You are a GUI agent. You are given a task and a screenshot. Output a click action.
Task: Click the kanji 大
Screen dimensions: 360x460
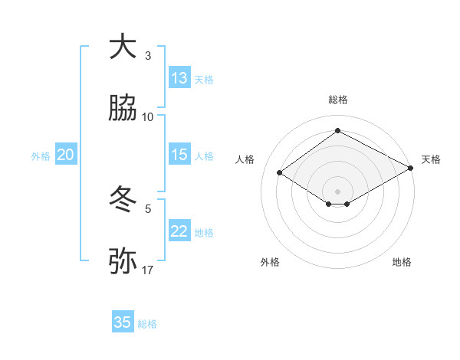point(123,47)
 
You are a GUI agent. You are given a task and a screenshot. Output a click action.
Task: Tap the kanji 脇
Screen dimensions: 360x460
point(123,109)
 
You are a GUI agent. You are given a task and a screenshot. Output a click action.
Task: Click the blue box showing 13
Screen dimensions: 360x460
point(179,78)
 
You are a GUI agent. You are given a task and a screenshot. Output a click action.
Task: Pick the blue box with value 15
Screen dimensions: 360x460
point(179,155)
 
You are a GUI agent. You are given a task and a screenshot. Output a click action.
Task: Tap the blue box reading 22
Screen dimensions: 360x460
point(179,231)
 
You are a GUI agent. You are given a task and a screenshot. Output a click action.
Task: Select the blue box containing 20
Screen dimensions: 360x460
point(66,155)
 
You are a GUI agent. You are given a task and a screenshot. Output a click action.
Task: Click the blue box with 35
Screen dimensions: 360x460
point(123,322)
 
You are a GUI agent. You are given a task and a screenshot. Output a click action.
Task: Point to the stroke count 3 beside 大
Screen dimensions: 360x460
point(148,55)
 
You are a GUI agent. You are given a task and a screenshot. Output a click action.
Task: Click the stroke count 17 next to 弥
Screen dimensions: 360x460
point(148,270)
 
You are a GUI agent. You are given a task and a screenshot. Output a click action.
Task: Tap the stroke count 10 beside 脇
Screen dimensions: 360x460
point(148,116)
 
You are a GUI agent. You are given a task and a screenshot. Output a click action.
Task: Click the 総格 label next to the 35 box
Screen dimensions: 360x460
point(147,324)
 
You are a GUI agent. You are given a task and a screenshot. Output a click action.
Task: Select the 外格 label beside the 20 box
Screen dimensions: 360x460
point(41,156)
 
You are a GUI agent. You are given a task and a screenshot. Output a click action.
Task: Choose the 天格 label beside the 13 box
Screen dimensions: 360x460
point(204,80)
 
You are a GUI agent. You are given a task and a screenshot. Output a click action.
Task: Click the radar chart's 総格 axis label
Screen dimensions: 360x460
point(337,100)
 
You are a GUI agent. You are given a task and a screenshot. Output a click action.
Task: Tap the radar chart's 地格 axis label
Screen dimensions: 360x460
point(402,262)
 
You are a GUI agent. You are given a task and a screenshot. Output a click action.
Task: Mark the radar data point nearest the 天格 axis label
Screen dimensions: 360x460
point(411,169)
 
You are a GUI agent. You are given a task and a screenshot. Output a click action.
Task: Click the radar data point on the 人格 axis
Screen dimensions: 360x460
point(280,173)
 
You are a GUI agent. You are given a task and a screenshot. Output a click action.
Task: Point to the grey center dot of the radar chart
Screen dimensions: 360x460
point(337,191)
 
